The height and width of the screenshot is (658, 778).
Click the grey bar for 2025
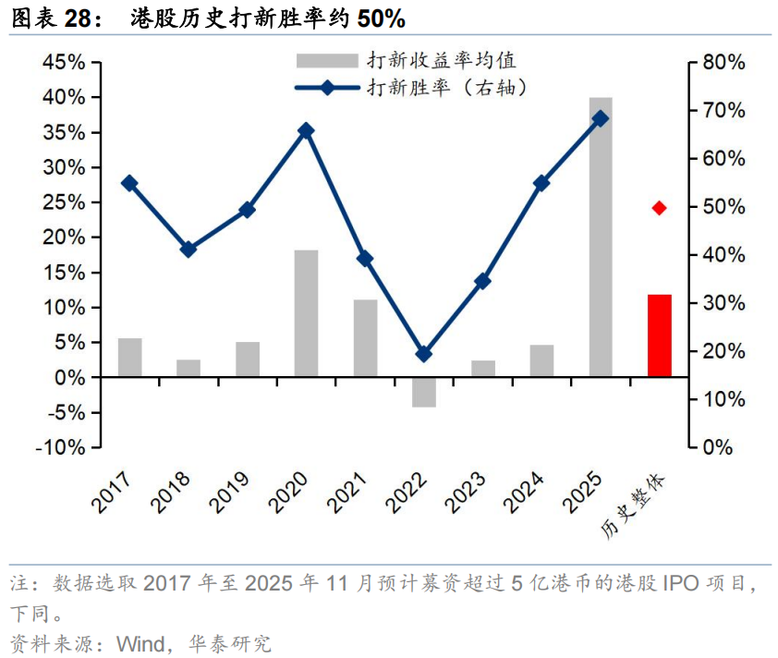click(601, 237)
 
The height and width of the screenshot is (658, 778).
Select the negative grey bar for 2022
click(424, 392)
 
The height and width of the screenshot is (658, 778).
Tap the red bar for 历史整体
click(660, 335)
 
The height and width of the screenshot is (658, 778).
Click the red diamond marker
click(659, 208)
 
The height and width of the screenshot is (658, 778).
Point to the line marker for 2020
click(306, 130)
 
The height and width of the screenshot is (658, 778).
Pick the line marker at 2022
click(424, 354)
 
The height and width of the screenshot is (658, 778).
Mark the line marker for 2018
click(188, 250)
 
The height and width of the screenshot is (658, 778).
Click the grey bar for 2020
click(306, 313)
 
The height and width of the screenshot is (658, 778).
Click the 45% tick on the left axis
click(64, 62)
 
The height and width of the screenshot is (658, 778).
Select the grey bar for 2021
click(365, 338)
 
